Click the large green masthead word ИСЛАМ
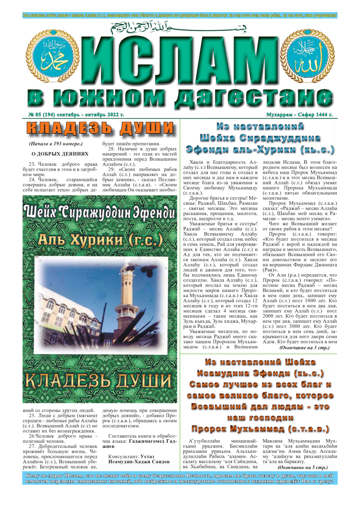(x=180, y=62)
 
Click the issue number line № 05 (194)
(x=76, y=115)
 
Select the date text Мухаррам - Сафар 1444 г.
(x=299, y=115)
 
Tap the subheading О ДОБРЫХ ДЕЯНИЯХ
(x=60, y=154)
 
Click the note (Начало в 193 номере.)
(x=56, y=144)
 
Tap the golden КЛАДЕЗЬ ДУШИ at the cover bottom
(x=99, y=381)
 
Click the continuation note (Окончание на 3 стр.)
(x=304, y=348)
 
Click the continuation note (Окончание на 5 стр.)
(x=302, y=468)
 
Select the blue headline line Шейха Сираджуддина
(x=260, y=138)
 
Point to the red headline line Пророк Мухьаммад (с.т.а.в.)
(x=260, y=429)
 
